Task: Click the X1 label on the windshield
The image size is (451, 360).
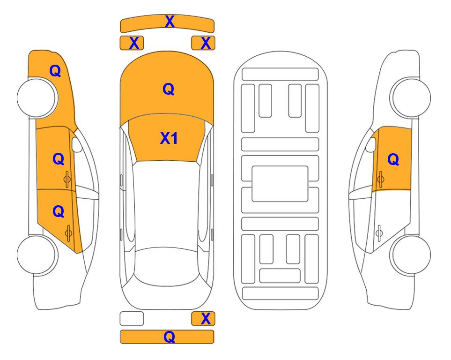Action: [169, 138]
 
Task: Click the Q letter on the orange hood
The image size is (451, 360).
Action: [169, 89]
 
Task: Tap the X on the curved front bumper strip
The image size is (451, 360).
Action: [170, 22]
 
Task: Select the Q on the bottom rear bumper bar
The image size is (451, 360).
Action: [169, 337]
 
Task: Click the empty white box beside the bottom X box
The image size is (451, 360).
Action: [132, 319]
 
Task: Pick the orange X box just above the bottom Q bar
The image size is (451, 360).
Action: [203, 319]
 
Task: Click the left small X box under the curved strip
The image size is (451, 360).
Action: [132, 43]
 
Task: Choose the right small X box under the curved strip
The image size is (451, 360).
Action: [203, 43]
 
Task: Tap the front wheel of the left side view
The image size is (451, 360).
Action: [37, 98]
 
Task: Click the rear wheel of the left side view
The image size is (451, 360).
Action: [37, 255]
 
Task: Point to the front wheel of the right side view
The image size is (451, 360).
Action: [411, 97]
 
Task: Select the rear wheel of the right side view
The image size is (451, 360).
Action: [411, 255]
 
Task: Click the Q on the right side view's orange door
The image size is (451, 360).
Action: [393, 159]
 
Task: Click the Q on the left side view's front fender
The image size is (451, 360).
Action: [55, 71]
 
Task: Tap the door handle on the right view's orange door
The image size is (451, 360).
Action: [381, 179]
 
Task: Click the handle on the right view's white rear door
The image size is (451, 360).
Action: [379, 233]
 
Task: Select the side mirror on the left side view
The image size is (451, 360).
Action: [76, 144]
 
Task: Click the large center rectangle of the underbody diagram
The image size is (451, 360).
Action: [280, 184]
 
